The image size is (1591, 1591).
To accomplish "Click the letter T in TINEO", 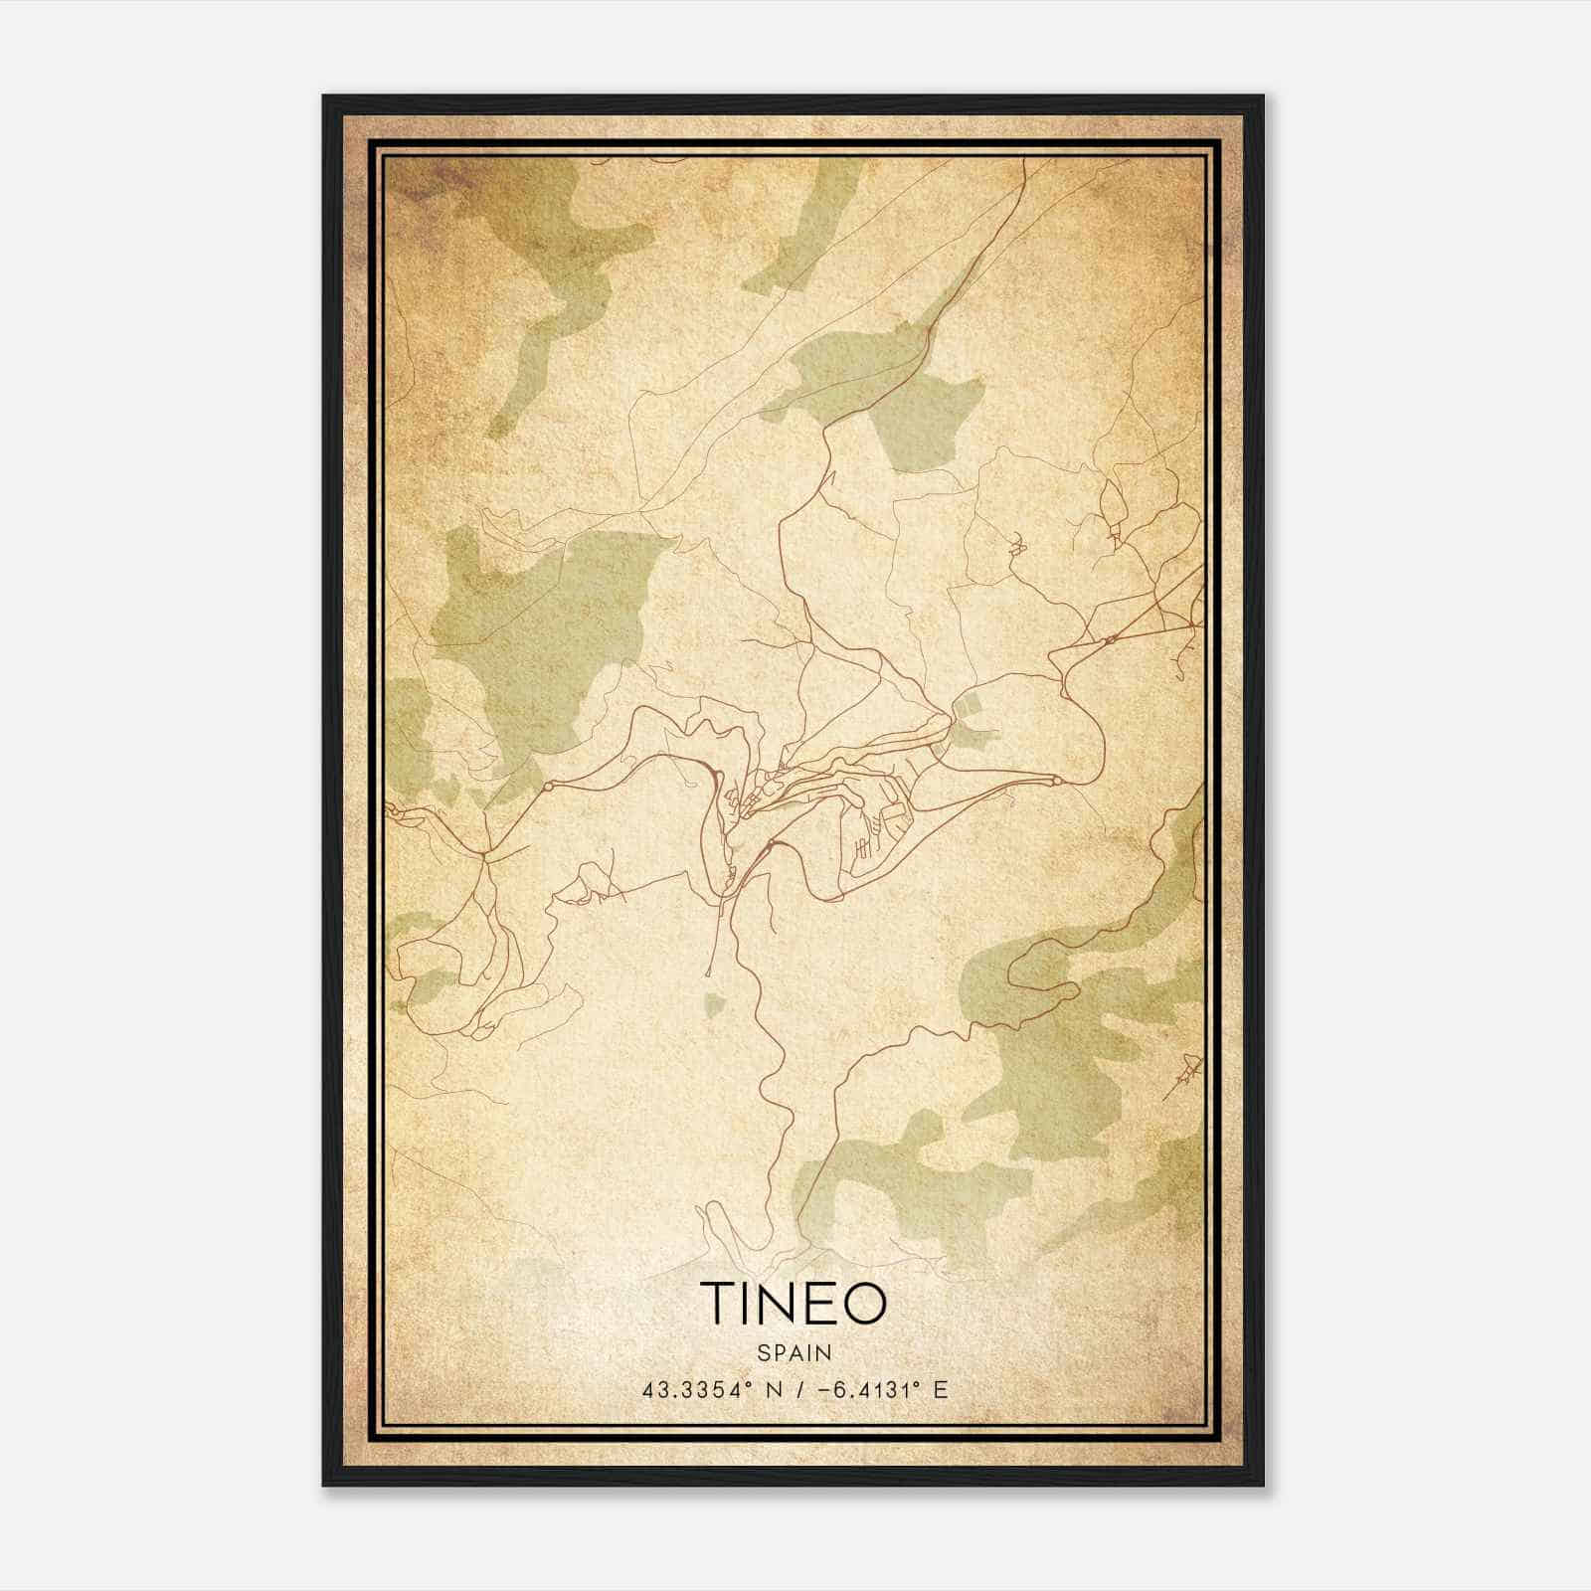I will (718, 1303).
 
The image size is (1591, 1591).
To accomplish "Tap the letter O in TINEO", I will (862, 1303).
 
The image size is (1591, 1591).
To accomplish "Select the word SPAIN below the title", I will (794, 1352).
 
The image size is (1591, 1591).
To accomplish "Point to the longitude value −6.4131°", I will (860, 1390).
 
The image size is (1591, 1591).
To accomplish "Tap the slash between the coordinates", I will (795, 1390).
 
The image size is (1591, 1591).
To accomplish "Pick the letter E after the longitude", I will (940, 1390).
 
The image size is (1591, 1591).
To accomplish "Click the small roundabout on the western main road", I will (546, 786).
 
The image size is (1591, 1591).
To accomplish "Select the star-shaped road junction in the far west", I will (483, 853).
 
